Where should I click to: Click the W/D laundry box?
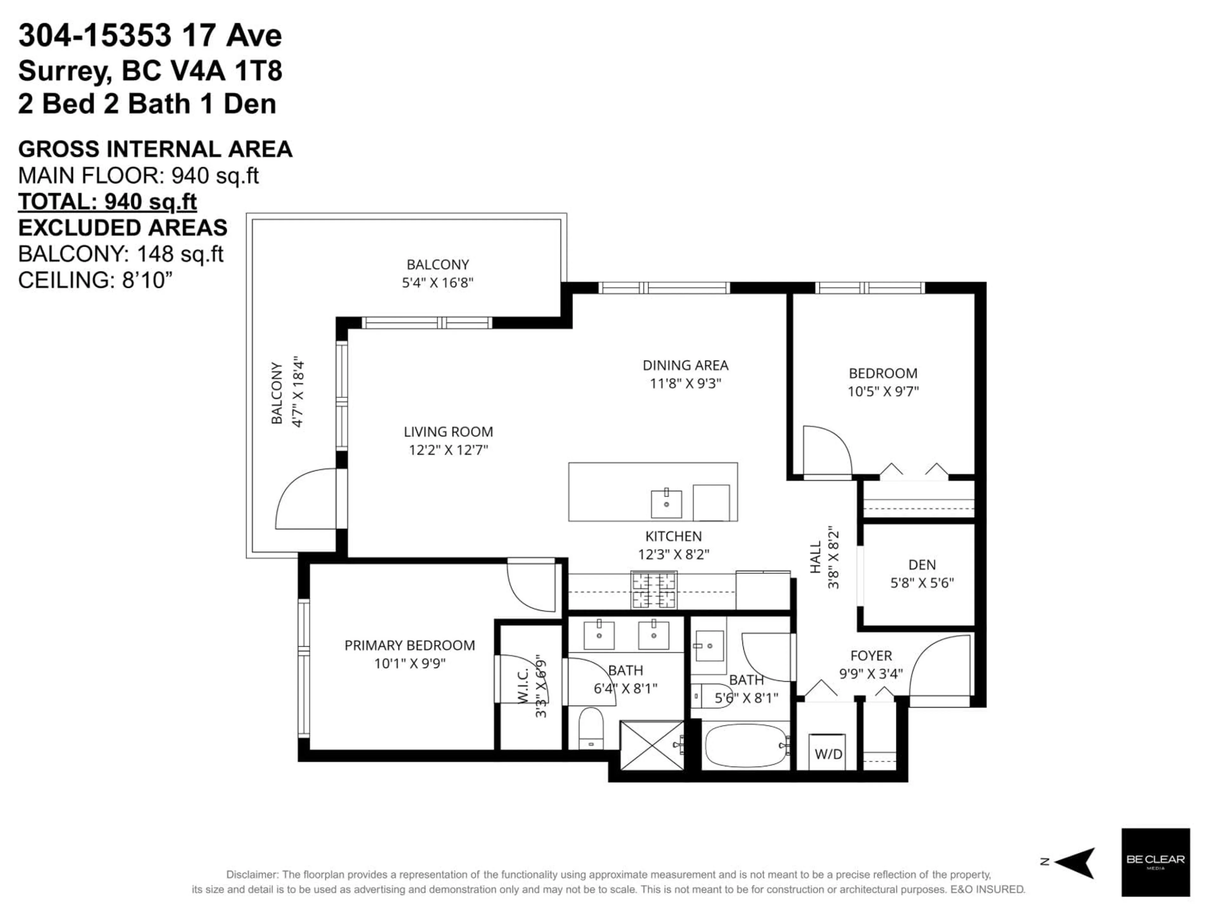828,752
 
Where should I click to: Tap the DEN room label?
922,565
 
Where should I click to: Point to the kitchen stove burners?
654,590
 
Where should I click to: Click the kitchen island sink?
666,504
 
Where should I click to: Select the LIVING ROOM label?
448,432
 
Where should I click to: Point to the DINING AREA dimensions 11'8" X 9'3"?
685,383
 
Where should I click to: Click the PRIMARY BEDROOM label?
410,645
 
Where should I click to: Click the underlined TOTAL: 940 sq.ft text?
108,202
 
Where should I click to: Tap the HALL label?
815,557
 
